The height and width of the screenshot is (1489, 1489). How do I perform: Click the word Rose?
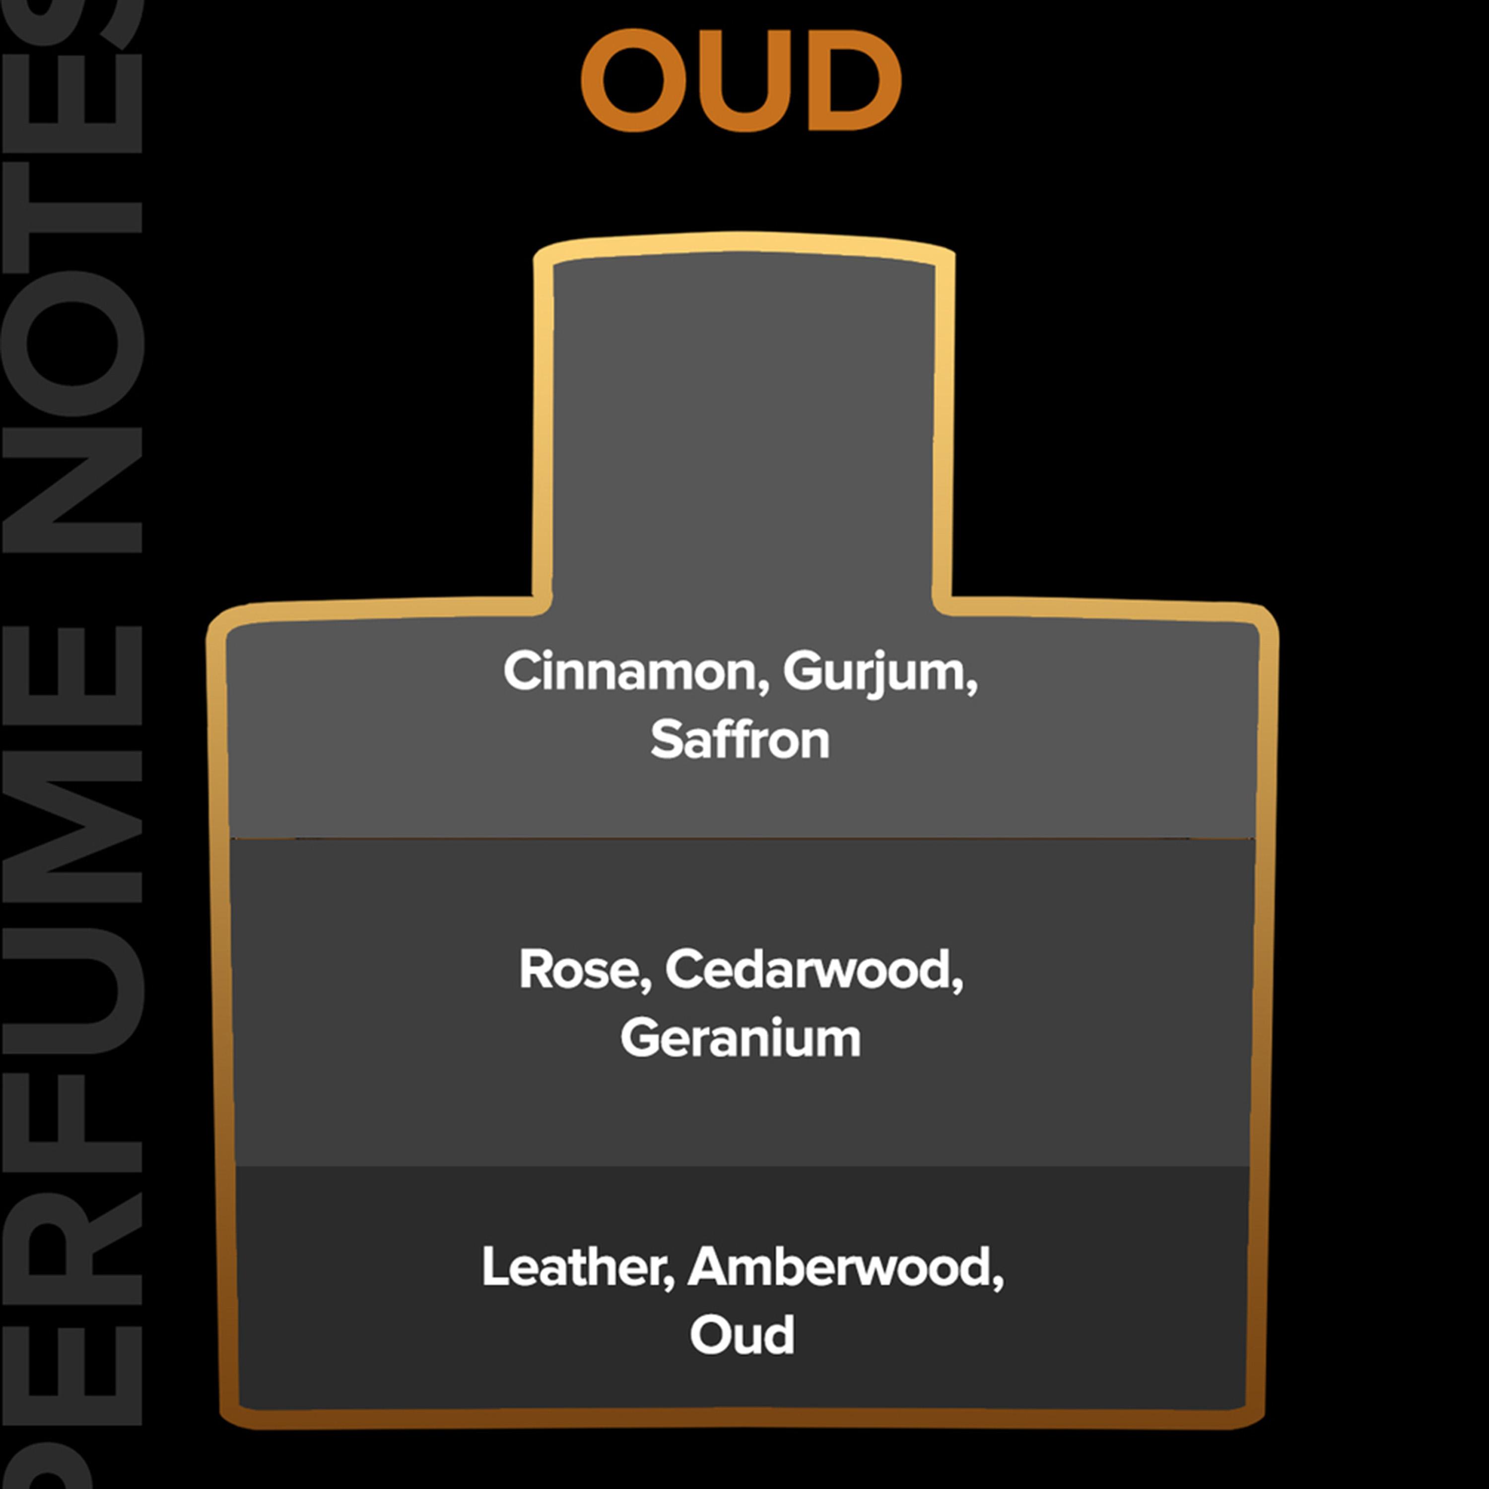pos(580,969)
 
